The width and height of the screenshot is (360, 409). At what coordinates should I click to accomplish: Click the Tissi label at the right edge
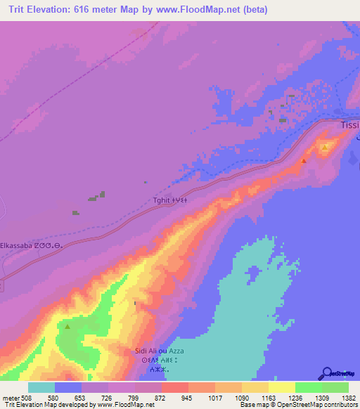(x=349, y=125)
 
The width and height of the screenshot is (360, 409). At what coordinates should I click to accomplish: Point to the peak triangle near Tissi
(x=304, y=161)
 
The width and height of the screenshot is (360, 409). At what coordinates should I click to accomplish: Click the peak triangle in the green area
(x=67, y=327)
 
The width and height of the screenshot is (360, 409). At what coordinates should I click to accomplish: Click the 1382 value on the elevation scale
(x=348, y=398)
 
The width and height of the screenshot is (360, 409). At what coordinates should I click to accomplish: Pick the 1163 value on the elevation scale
(x=268, y=398)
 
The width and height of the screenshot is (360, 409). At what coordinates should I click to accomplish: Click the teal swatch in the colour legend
(x=41, y=387)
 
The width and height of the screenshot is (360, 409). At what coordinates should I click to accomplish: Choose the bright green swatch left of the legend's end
(x=308, y=387)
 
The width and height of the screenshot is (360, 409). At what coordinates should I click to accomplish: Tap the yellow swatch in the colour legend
(x=281, y=387)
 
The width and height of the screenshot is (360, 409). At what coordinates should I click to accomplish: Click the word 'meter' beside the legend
(x=11, y=398)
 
